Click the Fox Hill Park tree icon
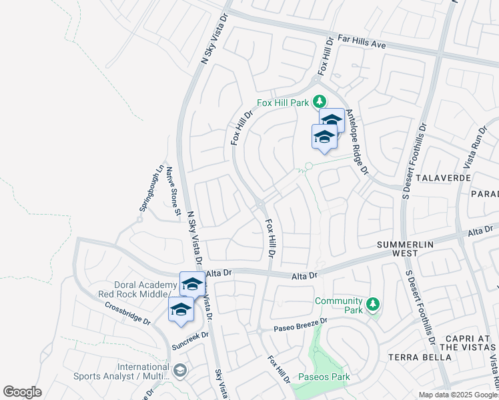320,102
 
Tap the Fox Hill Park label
284,103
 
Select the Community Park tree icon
373,305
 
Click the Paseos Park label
324,377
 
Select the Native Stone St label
173,191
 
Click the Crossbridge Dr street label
127,313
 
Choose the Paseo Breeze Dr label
302,325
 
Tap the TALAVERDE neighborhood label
444,179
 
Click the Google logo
22,392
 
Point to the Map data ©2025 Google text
457,395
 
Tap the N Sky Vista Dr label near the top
207,42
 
